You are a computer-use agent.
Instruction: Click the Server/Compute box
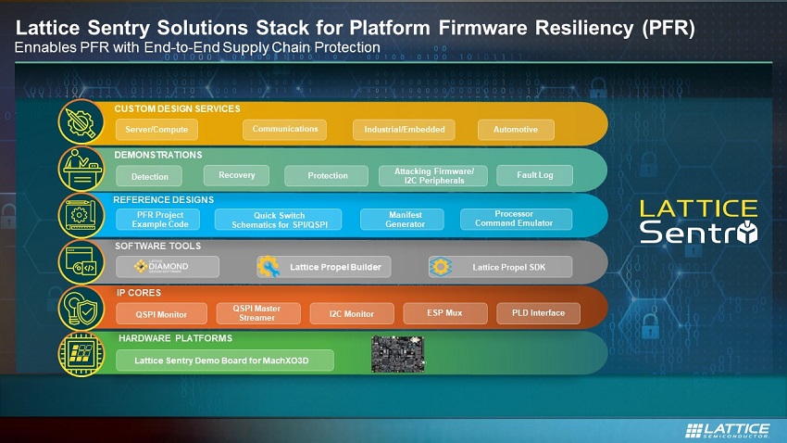point(156,130)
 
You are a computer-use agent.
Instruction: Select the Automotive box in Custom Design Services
point(516,130)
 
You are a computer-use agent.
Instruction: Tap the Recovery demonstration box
point(236,175)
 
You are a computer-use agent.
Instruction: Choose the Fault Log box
point(534,175)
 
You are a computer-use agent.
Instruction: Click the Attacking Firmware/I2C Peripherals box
point(433,176)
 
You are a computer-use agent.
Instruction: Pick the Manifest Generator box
point(402,220)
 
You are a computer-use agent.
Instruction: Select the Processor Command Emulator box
point(516,219)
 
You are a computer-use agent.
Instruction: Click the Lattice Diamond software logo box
point(168,267)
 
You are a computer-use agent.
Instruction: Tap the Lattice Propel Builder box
point(324,267)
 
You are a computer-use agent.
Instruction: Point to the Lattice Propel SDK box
point(500,267)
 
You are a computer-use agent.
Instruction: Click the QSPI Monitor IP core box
point(161,314)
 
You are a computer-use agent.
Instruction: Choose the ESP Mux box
point(445,313)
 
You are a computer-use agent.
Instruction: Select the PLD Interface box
point(538,313)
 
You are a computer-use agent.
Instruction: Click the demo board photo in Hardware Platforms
point(398,354)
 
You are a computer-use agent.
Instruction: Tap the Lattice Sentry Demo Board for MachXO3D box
point(225,361)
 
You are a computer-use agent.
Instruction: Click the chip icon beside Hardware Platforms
point(81,354)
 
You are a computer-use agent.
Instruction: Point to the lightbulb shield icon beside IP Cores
point(81,309)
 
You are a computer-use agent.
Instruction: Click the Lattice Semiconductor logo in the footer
point(727,430)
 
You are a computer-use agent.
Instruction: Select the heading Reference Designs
point(164,200)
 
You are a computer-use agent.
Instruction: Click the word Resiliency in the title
point(585,28)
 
